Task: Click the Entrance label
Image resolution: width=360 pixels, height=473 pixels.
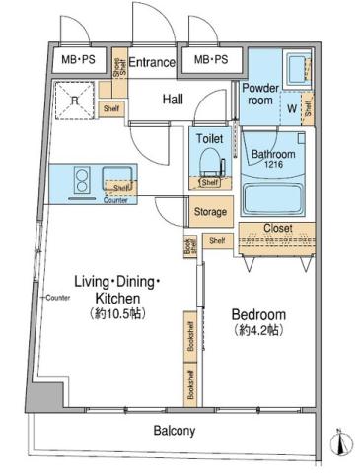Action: (152, 62)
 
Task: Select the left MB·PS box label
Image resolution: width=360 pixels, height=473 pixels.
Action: (79, 61)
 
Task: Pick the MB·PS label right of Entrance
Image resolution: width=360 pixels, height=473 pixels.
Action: (209, 61)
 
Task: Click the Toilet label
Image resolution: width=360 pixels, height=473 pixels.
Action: (210, 139)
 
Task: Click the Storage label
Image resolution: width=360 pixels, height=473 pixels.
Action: (210, 212)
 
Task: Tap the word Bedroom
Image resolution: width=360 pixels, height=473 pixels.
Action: (258, 314)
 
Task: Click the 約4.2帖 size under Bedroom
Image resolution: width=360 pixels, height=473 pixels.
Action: (259, 331)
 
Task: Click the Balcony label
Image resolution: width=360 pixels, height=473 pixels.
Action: (174, 431)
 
